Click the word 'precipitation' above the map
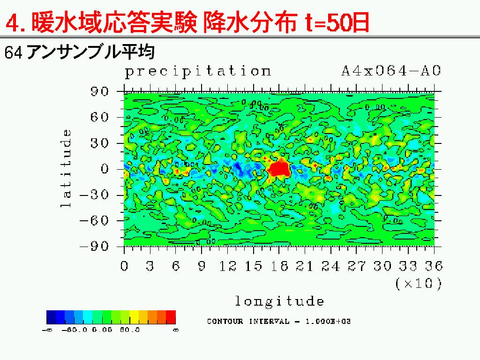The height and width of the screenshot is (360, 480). click(197, 72)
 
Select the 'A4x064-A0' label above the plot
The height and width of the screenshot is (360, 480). click(391, 71)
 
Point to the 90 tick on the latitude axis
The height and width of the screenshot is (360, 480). click(99, 91)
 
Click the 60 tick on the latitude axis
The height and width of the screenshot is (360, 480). click(99, 117)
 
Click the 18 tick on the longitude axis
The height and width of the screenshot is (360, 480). click(279, 266)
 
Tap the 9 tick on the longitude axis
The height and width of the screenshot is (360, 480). click(202, 266)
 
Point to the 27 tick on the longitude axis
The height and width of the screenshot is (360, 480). click(357, 266)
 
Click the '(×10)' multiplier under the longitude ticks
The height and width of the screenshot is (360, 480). click(418, 284)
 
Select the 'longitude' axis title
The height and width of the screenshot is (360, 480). click(279, 301)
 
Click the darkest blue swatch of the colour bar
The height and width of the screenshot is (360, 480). click(51, 317)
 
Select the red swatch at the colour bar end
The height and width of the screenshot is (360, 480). click(171, 317)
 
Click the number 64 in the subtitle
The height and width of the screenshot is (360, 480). click(13, 52)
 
